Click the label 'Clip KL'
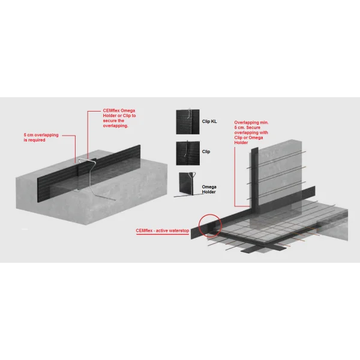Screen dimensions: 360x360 tap(209, 121)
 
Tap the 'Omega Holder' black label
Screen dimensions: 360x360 tap(209, 190)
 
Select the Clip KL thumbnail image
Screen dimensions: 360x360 tap(188, 121)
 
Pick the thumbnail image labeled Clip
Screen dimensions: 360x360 tap(188, 153)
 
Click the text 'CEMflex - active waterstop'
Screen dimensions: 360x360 tap(163, 230)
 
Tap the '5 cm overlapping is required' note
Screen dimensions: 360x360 tap(41, 137)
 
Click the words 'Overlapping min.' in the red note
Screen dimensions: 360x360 tap(251, 122)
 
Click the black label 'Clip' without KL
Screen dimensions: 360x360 tap(206, 152)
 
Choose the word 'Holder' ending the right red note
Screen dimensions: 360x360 tap(241, 143)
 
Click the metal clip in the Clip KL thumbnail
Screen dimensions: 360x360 tap(190, 114)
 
